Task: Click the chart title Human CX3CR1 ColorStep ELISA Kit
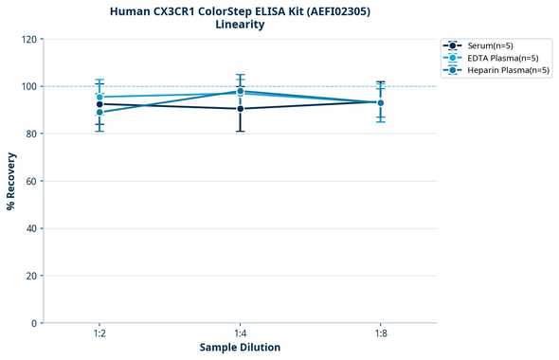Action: (x=240, y=10)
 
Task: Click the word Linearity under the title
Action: (x=240, y=25)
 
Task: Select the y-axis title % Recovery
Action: (x=11, y=181)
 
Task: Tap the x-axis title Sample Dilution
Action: (x=240, y=348)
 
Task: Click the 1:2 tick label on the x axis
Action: (x=99, y=333)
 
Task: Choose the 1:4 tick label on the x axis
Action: (x=240, y=333)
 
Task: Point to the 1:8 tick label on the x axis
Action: (x=381, y=333)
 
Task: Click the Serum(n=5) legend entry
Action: (x=490, y=45)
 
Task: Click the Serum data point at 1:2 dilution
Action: (x=99, y=104)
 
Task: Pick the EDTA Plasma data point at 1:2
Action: (x=99, y=97)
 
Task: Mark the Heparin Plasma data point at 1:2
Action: (x=99, y=112)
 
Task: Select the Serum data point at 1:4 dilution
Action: (x=240, y=109)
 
